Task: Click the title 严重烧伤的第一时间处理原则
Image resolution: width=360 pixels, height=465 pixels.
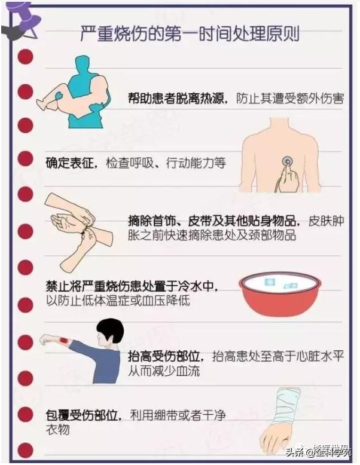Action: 190,33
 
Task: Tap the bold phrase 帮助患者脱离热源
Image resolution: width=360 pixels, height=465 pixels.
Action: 176,99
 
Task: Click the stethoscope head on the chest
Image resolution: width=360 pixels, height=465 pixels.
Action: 287,161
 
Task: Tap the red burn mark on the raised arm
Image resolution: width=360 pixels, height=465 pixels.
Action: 63,341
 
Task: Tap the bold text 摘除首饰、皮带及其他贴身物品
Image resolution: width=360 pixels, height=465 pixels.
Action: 212,221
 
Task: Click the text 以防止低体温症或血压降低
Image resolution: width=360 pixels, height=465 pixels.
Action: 118,301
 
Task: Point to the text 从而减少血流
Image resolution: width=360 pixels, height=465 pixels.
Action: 164,371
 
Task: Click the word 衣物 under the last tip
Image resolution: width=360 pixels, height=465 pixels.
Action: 57,429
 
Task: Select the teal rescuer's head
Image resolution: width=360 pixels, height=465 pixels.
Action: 84,64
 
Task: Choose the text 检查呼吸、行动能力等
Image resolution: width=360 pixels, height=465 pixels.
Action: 166,163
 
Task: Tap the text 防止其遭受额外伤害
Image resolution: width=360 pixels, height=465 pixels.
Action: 290,99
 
